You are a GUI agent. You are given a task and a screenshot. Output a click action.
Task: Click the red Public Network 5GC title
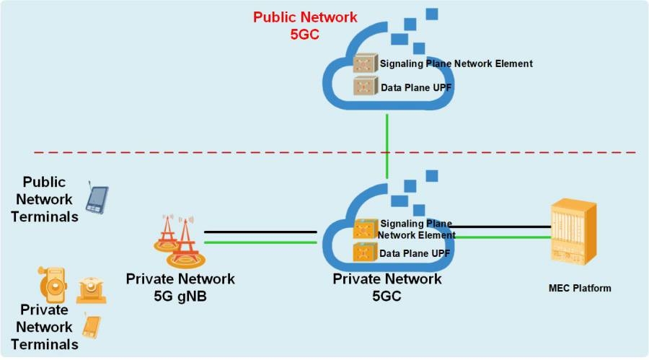tap(304, 25)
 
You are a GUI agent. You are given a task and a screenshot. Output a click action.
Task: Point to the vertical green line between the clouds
tap(387, 144)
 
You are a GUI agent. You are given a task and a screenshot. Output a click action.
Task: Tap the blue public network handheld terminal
tap(97, 198)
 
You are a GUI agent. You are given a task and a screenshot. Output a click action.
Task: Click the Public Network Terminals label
tap(44, 199)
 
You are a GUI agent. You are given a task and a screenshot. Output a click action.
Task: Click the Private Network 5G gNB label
tap(180, 286)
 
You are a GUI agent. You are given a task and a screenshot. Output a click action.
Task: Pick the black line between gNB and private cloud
tap(260, 232)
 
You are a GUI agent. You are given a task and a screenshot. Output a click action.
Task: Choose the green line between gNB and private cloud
tap(260, 242)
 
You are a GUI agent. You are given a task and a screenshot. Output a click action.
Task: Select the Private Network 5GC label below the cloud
tap(387, 287)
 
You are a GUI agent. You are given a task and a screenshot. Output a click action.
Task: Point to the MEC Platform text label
tap(579, 289)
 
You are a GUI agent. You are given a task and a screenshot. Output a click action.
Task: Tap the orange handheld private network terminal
tap(90, 326)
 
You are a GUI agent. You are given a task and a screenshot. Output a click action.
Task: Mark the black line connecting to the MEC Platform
tap(505, 226)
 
